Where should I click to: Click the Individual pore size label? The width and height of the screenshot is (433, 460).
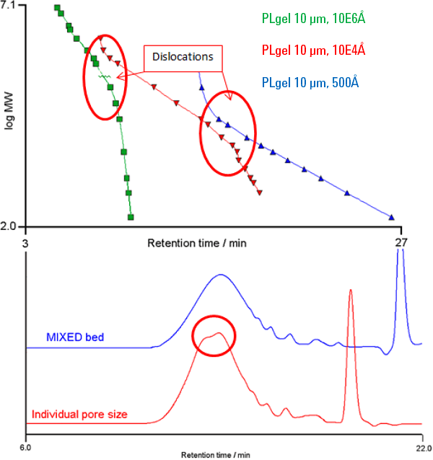point(79,415)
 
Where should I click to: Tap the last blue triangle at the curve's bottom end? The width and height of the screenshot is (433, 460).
point(392,217)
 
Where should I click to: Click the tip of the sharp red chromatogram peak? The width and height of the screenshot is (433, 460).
point(350,291)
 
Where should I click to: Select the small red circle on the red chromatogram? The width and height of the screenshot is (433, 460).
point(214,335)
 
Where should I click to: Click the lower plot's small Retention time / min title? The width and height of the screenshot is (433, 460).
point(216,455)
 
